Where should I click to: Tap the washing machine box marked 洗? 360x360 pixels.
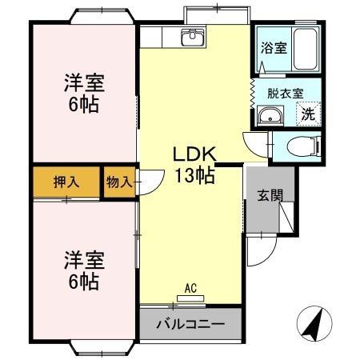(x=308, y=114)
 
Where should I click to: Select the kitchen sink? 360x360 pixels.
(x=192, y=38)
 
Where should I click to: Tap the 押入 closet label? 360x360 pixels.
(x=66, y=182)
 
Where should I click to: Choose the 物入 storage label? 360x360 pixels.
(x=118, y=182)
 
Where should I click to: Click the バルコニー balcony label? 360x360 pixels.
(x=190, y=325)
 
